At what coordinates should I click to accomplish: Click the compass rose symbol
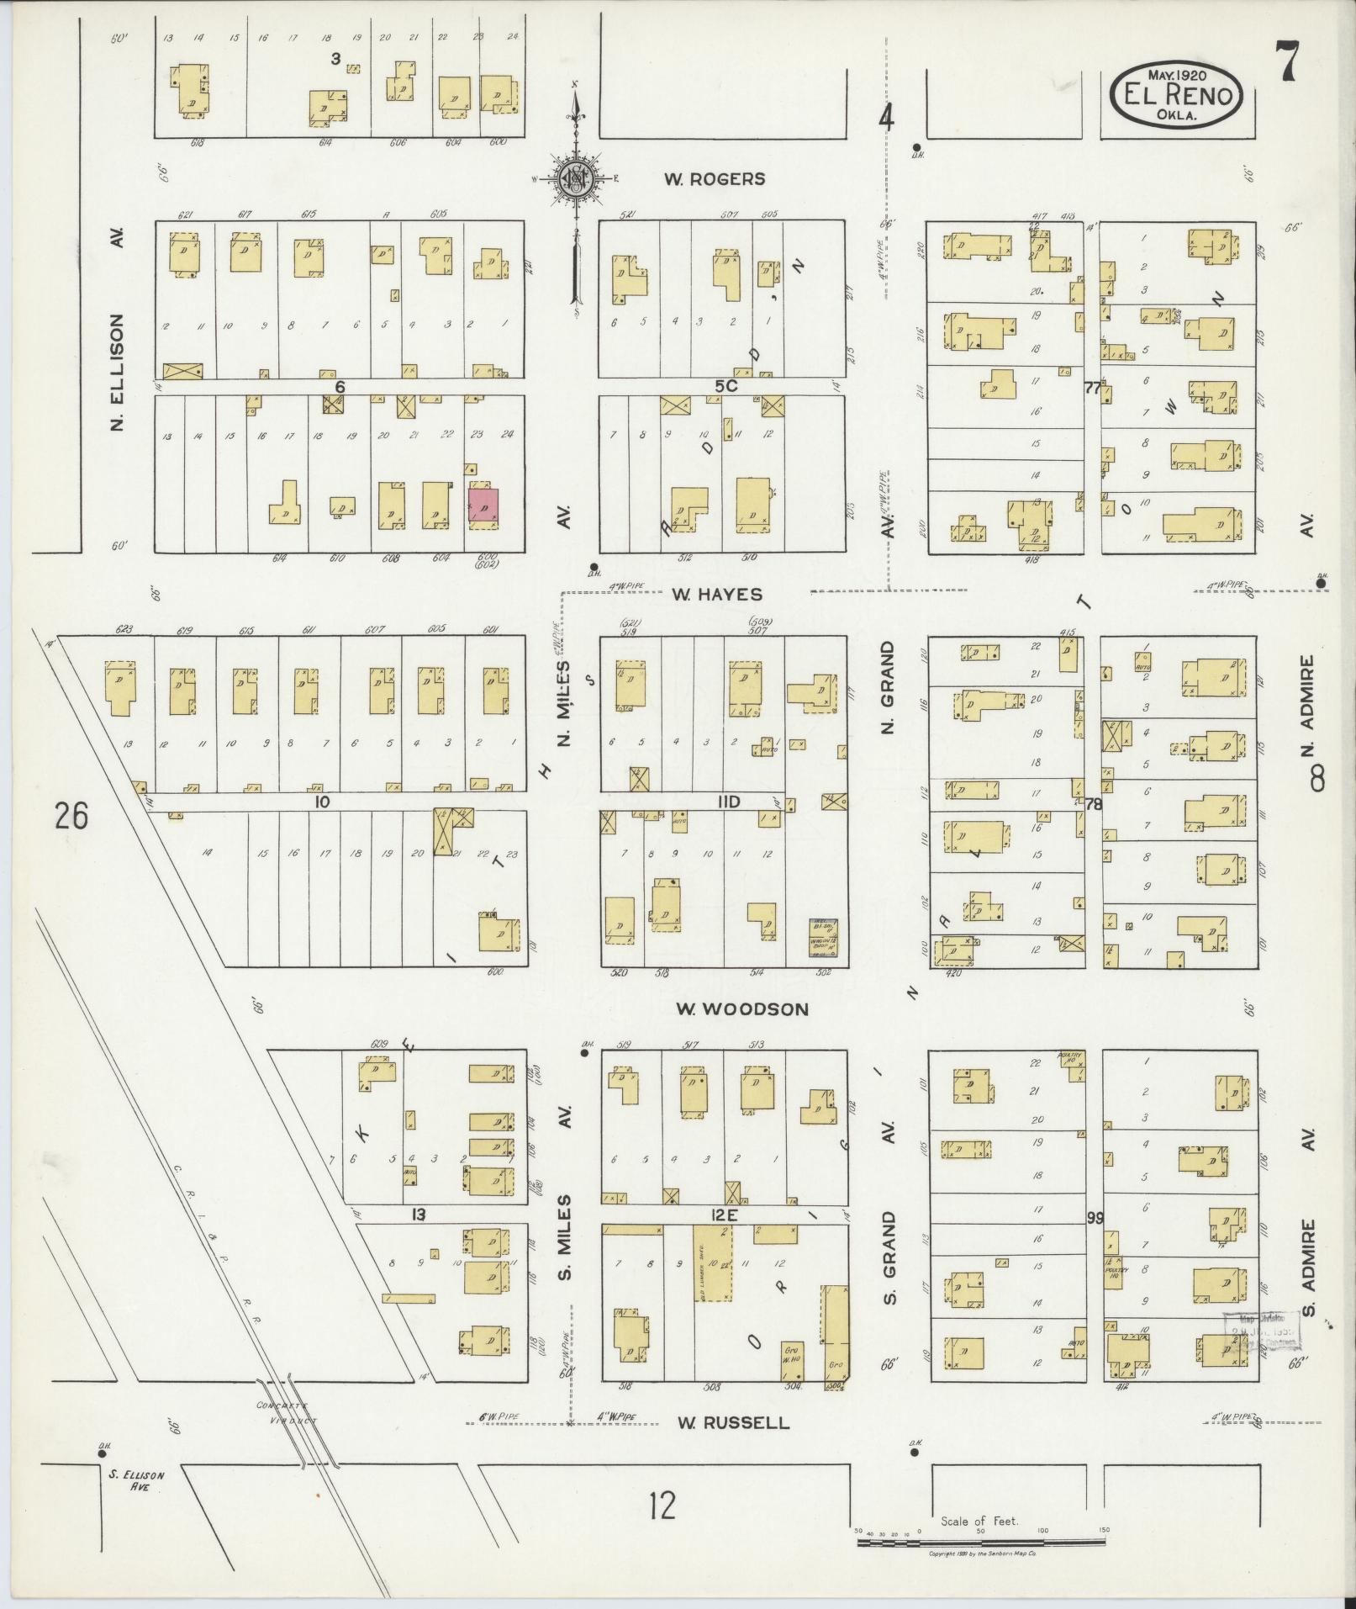point(577,179)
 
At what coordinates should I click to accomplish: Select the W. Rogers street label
point(715,178)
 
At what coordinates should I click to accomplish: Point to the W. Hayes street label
point(716,595)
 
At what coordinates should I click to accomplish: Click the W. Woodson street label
point(741,1008)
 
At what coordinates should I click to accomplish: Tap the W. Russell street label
point(734,1422)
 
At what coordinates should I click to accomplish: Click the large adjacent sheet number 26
point(71,815)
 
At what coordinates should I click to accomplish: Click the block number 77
point(1092,388)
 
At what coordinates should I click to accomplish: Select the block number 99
point(1094,1217)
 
